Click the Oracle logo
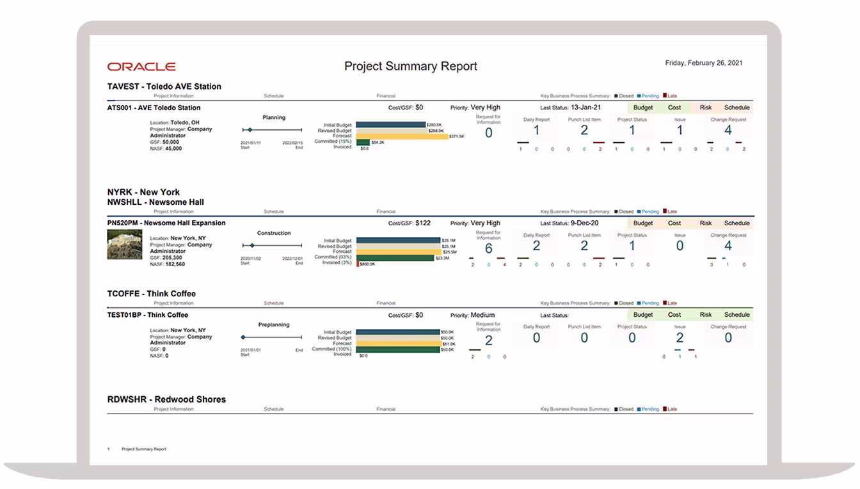[x=141, y=67]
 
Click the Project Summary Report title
[x=411, y=66]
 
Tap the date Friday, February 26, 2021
[x=704, y=63]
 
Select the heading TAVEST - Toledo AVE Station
[x=164, y=86]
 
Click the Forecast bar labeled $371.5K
[x=402, y=136]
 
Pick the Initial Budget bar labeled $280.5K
[x=390, y=125]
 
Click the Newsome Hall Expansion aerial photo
[x=124, y=245]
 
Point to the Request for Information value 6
[x=489, y=248]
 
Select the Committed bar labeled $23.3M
[x=395, y=257]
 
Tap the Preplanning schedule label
[x=274, y=325]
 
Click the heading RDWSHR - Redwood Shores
[x=166, y=399]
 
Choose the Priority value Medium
[x=483, y=315]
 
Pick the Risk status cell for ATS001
[x=706, y=108]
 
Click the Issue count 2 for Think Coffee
[x=680, y=337]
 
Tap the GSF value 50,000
[x=171, y=142]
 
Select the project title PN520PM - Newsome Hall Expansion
[x=166, y=223]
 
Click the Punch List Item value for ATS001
[x=584, y=131]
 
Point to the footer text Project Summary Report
[x=144, y=449]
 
